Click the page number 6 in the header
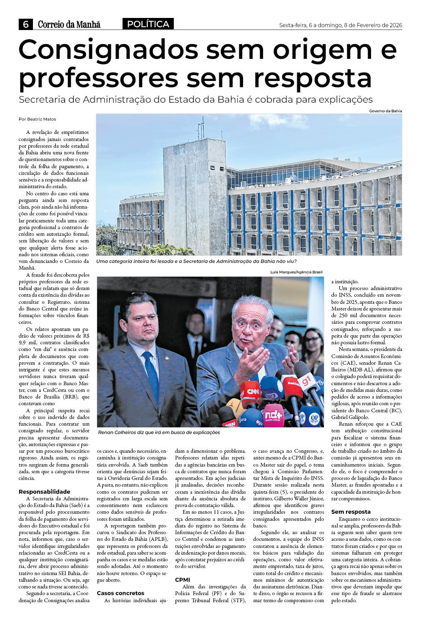click(x=25, y=24)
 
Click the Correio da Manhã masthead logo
click(x=69, y=25)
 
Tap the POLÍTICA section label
click(x=148, y=24)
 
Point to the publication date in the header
click(x=340, y=25)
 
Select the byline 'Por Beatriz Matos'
click(x=37, y=119)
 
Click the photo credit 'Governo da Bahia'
click(x=385, y=111)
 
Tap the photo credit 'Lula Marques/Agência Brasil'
click(x=296, y=272)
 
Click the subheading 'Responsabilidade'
click(x=44, y=492)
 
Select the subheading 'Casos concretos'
click(x=120, y=593)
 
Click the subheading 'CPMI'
click(x=183, y=580)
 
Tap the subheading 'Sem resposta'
click(x=351, y=512)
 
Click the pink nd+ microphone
click(x=273, y=415)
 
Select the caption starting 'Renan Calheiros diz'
click(x=159, y=432)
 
